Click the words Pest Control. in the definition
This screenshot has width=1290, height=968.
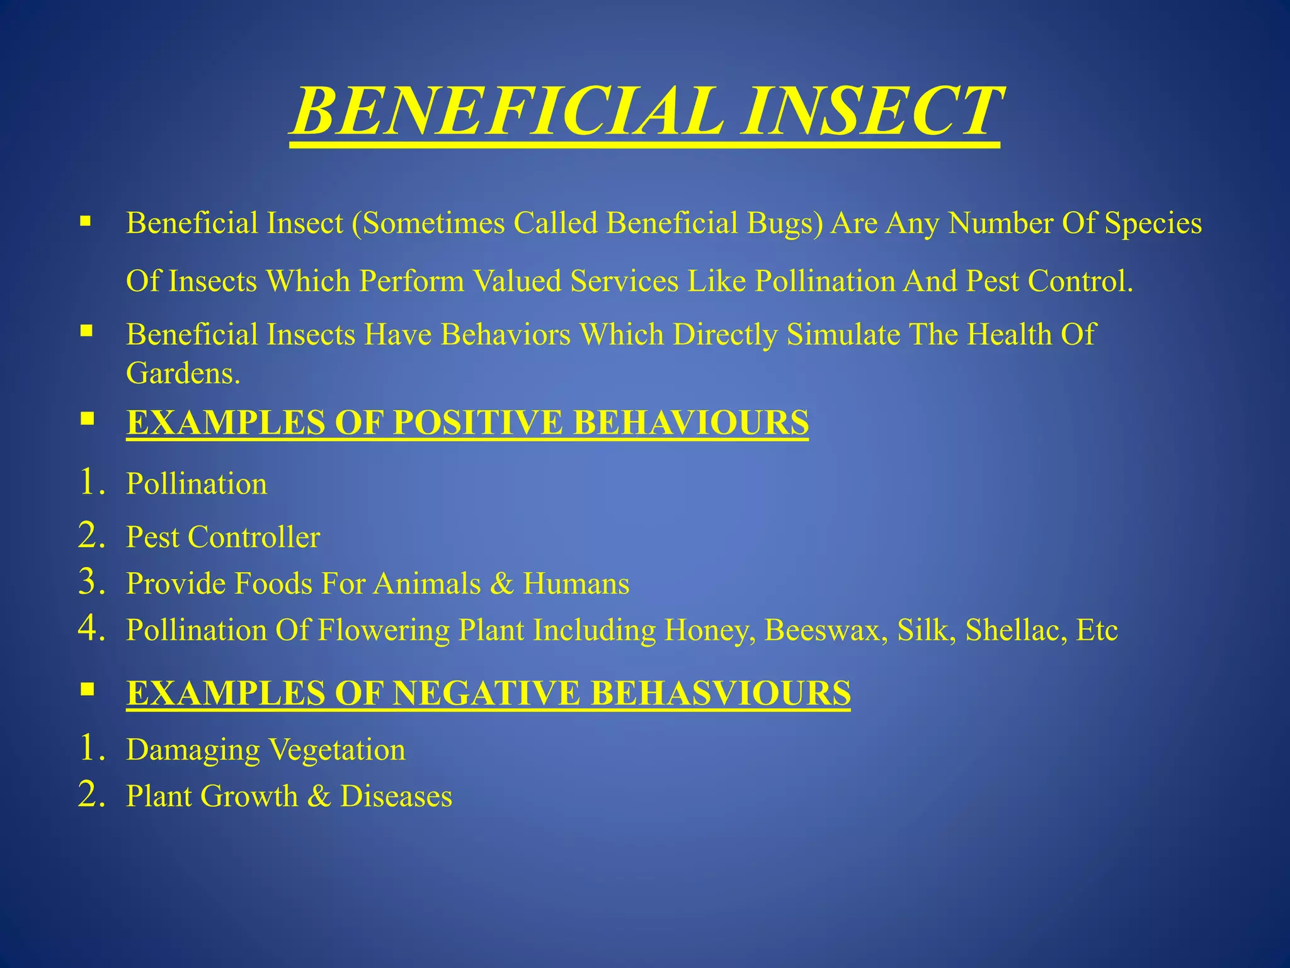(1049, 281)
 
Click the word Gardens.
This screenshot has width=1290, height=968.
(183, 374)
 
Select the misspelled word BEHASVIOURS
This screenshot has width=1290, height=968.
(721, 693)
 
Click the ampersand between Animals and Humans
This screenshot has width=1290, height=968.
(501, 584)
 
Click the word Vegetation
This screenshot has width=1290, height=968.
(337, 750)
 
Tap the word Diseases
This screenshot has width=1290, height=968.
(396, 796)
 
